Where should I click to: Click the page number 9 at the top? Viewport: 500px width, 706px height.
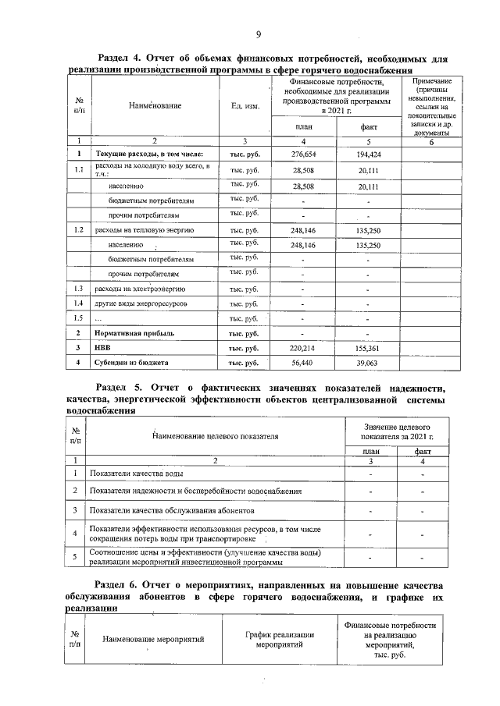(x=257, y=34)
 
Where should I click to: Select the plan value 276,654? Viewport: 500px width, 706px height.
(x=302, y=155)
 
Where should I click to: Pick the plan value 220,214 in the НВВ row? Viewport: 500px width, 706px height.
(x=302, y=347)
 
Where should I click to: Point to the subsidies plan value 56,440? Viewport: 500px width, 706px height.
(x=302, y=363)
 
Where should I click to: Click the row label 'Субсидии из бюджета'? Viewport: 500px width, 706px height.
(x=130, y=363)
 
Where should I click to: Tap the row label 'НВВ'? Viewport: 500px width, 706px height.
(x=103, y=348)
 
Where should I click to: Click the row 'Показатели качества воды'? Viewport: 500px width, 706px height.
(x=137, y=474)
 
